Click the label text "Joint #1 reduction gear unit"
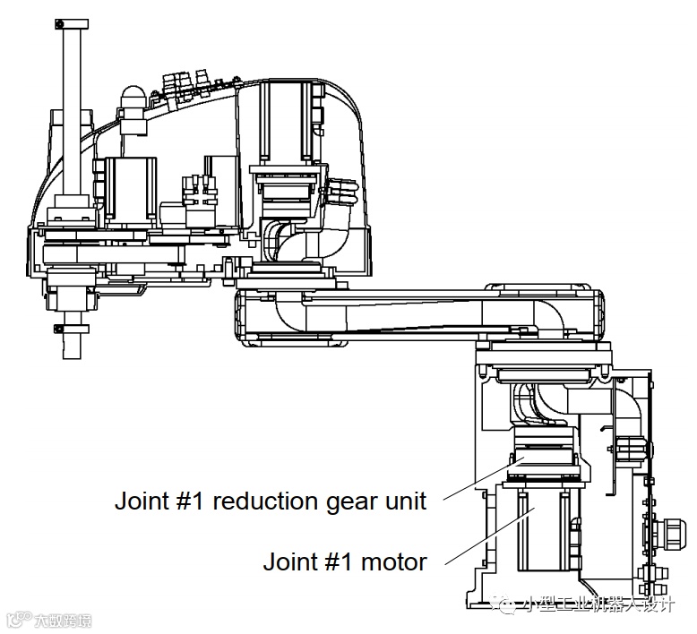pos(270,501)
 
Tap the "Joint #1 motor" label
pos(344,562)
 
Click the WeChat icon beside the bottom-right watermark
pos(508,606)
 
